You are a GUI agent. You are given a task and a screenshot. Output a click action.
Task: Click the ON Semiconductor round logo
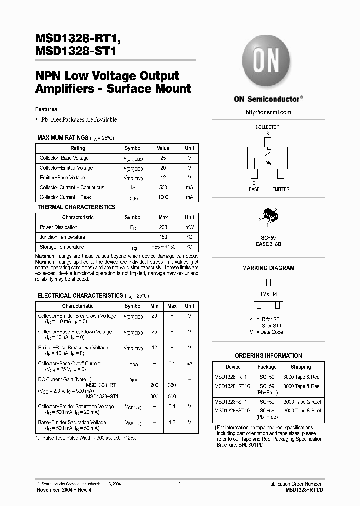pyautogui.click(x=267, y=62)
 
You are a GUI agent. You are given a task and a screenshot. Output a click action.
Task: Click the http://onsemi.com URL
pyautogui.click(x=268, y=112)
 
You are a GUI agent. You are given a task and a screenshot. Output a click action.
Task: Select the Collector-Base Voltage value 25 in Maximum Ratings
pyautogui.click(x=163, y=158)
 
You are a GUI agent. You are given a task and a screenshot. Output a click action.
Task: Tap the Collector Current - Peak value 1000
pyautogui.click(x=163, y=198)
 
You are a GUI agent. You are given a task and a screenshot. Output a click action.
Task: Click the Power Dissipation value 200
pyautogui.click(x=163, y=227)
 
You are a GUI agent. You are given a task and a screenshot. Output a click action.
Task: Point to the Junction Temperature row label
pyautogui.click(x=62, y=237)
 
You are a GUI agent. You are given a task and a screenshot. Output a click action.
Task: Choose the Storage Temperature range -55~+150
pyautogui.click(x=163, y=247)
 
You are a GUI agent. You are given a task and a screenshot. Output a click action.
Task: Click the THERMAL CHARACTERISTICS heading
pyautogui.click(x=76, y=207)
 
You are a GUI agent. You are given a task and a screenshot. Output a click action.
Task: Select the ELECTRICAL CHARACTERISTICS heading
pyautogui.click(x=80, y=296)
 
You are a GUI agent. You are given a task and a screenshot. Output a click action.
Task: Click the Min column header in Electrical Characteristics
pyautogui.click(x=154, y=306)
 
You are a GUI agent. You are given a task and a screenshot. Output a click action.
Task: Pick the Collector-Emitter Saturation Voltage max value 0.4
pyautogui.click(x=172, y=407)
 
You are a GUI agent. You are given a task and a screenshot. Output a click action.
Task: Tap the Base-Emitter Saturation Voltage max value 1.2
pyautogui.click(x=172, y=423)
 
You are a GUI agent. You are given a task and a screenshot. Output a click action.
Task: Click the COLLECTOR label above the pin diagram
pyautogui.click(x=267, y=127)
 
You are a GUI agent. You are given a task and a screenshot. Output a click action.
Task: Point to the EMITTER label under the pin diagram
pyautogui.click(x=280, y=190)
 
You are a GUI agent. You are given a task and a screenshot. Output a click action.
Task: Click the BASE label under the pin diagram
pyautogui.click(x=254, y=190)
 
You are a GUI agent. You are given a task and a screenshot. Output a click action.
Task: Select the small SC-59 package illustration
pyautogui.click(x=268, y=216)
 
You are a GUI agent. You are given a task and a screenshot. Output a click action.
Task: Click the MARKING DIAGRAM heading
pyautogui.click(x=268, y=268)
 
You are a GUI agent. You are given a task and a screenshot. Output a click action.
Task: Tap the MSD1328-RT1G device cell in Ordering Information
pyautogui.click(x=233, y=386)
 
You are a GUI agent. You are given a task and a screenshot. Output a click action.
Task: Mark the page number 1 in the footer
pyautogui.click(x=179, y=484)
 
